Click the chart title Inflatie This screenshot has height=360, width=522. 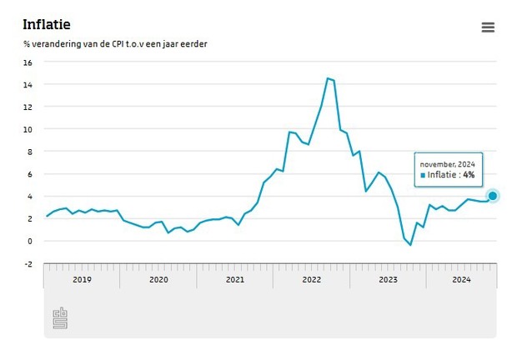(x=46, y=25)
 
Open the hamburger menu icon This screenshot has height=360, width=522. (x=488, y=27)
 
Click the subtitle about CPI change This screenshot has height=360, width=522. (x=115, y=44)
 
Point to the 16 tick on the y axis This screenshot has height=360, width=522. (x=28, y=62)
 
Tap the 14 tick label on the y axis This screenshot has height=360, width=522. (x=28, y=85)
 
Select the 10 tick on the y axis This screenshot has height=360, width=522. (x=28, y=129)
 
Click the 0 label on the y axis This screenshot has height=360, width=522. (x=29, y=241)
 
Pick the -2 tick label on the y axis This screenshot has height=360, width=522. (x=28, y=263)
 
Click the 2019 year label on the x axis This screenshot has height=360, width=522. (x=82, y=279)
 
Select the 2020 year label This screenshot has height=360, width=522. (x=158, y=279)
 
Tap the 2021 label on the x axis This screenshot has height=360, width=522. (x=235, y=279)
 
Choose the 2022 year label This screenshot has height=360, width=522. (x=312, y=279)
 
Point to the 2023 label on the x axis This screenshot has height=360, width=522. (x=389, y=279)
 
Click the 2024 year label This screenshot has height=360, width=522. (x=461, y=279)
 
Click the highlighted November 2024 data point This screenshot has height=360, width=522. (x=492, y=196)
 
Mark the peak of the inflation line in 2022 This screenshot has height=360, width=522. (x=328, y=78)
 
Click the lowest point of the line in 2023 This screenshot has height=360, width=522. (x=410, y=244)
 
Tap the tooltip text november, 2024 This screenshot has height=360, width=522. (x=447, y=164)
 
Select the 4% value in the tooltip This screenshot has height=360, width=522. (x=469, y=176)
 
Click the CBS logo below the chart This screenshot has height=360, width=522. (x=60, y=317)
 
